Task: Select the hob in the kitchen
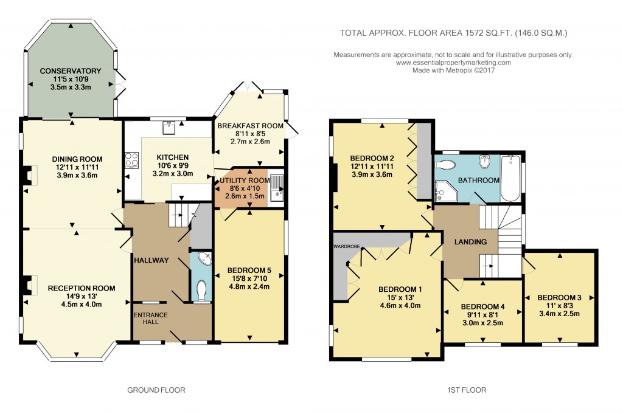[x=131, y=159]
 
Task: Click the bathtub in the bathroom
[x=510, y=178]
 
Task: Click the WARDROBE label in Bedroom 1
[x=347, y=247]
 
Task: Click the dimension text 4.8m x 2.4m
[x=248, y=287]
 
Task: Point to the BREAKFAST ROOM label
[x=250, y=126]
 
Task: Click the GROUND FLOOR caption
[x=156, y=390]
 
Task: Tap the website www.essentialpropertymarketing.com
[x=453, y=63]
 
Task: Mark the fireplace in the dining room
[x=28, y=176]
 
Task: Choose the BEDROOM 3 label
[x=559, y=297]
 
